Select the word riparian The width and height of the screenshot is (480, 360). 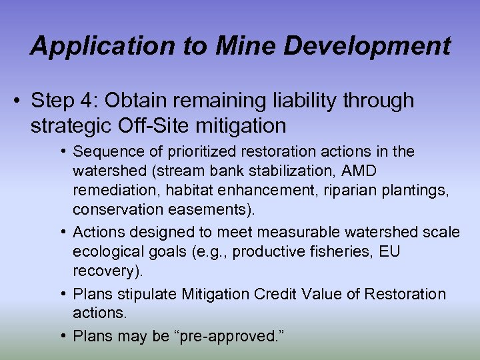point(351,191)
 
